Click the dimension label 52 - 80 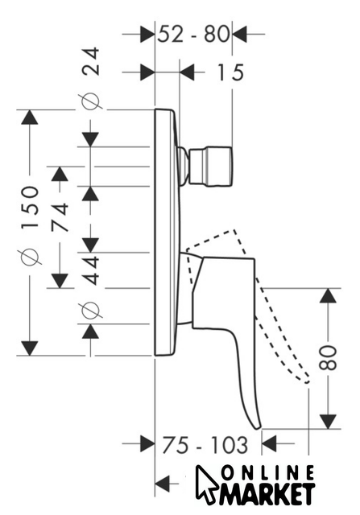tap(193, 34)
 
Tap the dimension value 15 tap(231, 72)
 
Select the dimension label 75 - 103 tap(205, 445)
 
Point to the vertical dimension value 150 tap(30, 208)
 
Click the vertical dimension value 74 tap(60, 217)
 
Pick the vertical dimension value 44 tap(90, 270)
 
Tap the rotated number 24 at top tap(90, 61)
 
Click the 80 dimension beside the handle tap(329, 357)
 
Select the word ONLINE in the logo tap(268, 474)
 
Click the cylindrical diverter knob tap(210, 167)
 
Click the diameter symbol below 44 tap(90, 310)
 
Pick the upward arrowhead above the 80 tap(328, 296)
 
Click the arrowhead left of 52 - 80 tap(147, 34)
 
